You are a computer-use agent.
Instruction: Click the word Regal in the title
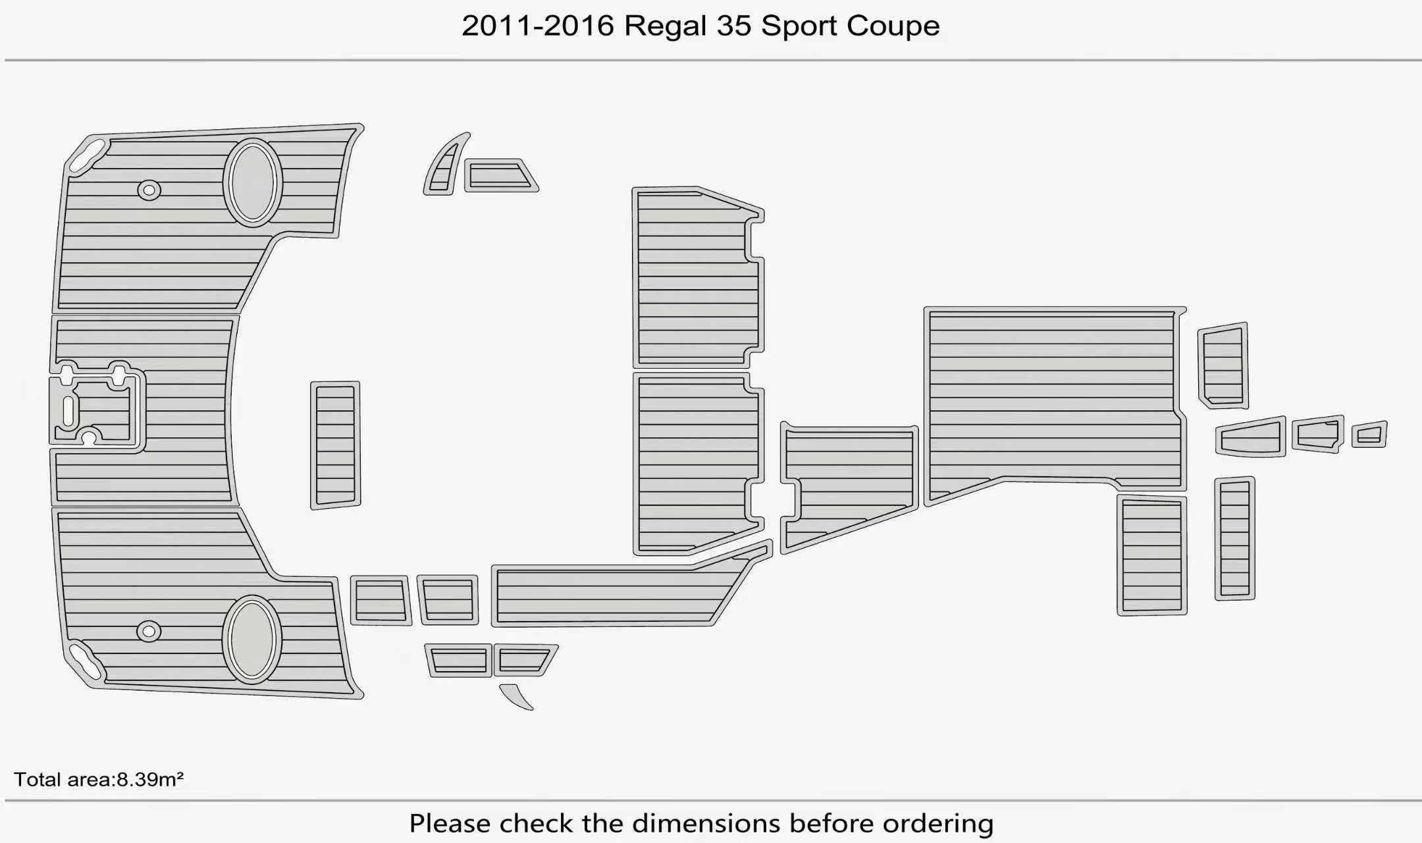pyautogui.click(x=666, y=27)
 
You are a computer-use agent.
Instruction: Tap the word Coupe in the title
pyautogui.click(x=893, y=27)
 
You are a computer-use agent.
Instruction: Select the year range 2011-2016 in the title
pyautogui.click(x=538, y=26)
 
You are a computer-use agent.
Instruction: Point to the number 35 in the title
pyautogui.click(x=734, y=26)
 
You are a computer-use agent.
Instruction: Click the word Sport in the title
pyautogui.click(x=799, y=27)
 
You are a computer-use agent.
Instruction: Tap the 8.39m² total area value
pyautogui.click(x=150, y=779)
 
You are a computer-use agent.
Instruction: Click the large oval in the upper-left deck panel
pyautogui.click(x=253, y=182)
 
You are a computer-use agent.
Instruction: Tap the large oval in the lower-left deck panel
pyautogui.click(x=252, y=639)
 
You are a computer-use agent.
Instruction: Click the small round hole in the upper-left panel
pyautogui.click(x=149, y=190)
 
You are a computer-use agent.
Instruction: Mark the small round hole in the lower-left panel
pyautogui.click(x=149, y=632)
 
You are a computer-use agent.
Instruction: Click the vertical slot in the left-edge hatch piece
pyautogui.click(x=68, y=411)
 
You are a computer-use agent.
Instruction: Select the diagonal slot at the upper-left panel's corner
pyautogui.click(x=88, y=156)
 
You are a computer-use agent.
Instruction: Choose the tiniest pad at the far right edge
pyautogui.click(x=1369, y=435)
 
